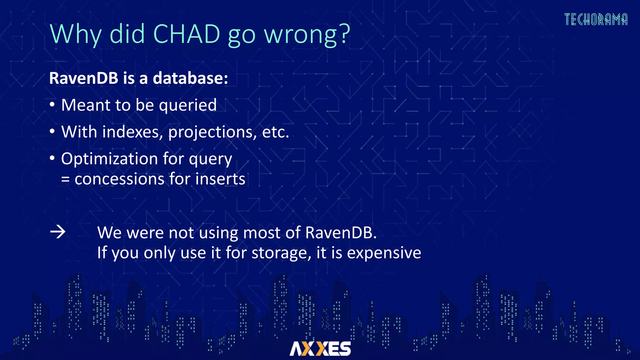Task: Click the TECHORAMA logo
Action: pos(596,19)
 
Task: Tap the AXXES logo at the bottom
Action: pos(320,349)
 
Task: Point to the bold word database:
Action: pos(190,78)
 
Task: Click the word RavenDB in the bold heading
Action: pos(83,78)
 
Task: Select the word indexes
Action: pos(132,132)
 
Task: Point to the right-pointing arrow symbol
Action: pos(58,232)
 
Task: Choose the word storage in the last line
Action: pos(281,253)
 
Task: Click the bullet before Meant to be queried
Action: pos(52,105)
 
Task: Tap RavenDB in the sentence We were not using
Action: pos(341,233)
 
